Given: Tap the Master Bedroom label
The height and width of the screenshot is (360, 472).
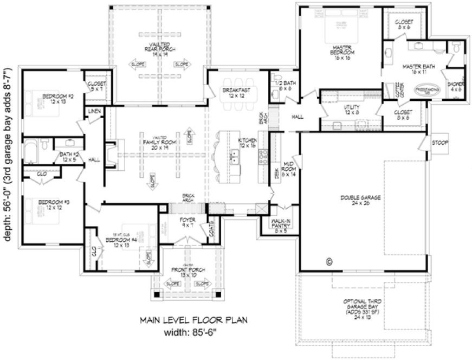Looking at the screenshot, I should pyautogui.click(x=342, y=51).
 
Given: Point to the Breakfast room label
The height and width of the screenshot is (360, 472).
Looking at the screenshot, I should pyautogui.click(x=237, y=93).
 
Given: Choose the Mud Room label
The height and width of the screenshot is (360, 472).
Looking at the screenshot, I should pyautogui.click(x=288, y=171).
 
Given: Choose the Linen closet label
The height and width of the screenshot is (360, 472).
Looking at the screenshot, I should pyautogui.click(x=94, y=111).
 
